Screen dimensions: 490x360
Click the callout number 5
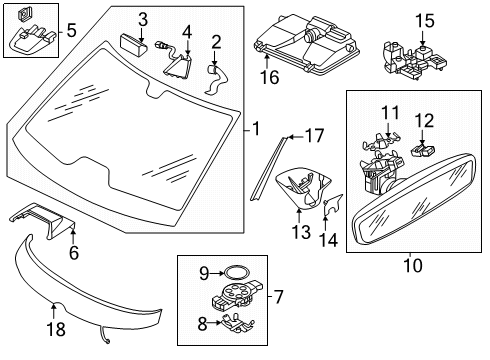[x=72, y=30]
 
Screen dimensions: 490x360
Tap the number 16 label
[x=269, y=78]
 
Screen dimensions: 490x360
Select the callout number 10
[x=413, y=266]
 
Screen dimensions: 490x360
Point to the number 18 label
[x=56, y=329]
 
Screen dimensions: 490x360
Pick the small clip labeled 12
[x=423, y=150]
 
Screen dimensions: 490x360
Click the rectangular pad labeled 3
[x=133, y=45]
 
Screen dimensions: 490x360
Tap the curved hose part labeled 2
[x=216, y=80]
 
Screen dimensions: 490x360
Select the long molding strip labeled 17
[x=267, y=169]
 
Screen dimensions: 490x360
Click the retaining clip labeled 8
[x=237, y=322]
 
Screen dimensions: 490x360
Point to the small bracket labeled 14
[x=333, y=205]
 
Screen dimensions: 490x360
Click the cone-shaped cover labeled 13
[x=303, y=188]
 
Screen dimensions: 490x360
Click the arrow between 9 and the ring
[x=218, y=273]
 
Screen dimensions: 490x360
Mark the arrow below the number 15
[x=423, y=38]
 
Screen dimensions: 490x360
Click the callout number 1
[x=256, y=129]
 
